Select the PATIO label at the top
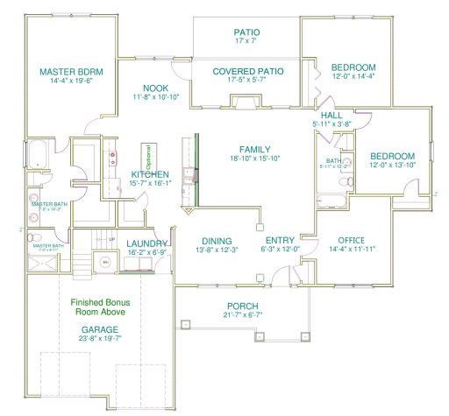click(246, 32)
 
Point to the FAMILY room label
click(255, 149)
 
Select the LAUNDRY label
click(146, 243)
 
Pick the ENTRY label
click(280, 239)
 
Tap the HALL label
click(331, 115)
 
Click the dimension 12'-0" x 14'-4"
click(353, 78)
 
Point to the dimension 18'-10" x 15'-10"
click(255, 159)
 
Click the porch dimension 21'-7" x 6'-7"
click(243, 317)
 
